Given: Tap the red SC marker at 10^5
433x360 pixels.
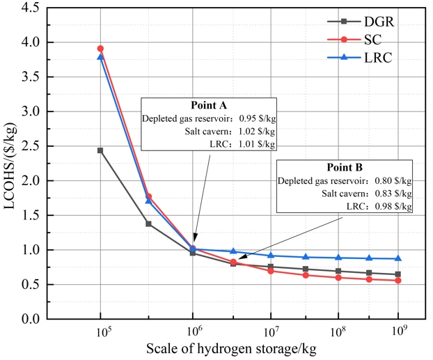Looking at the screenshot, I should click(100, 49).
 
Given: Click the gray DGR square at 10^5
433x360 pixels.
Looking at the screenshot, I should click(100, 150).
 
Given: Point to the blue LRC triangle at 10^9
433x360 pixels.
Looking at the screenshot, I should click(398, 258).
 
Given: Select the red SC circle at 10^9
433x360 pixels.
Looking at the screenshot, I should click(398, 280).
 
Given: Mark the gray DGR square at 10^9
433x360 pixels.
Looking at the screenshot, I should click(398, 274).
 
